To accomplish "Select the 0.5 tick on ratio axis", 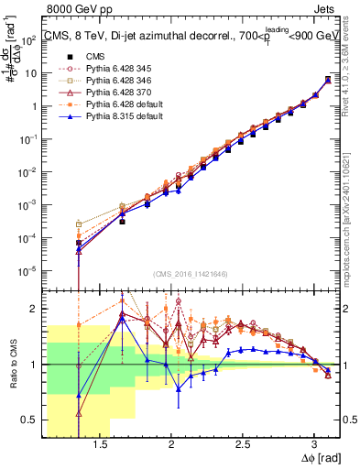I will [x=30, y=420].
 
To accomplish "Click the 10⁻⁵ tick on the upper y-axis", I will [x=29, y=270].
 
